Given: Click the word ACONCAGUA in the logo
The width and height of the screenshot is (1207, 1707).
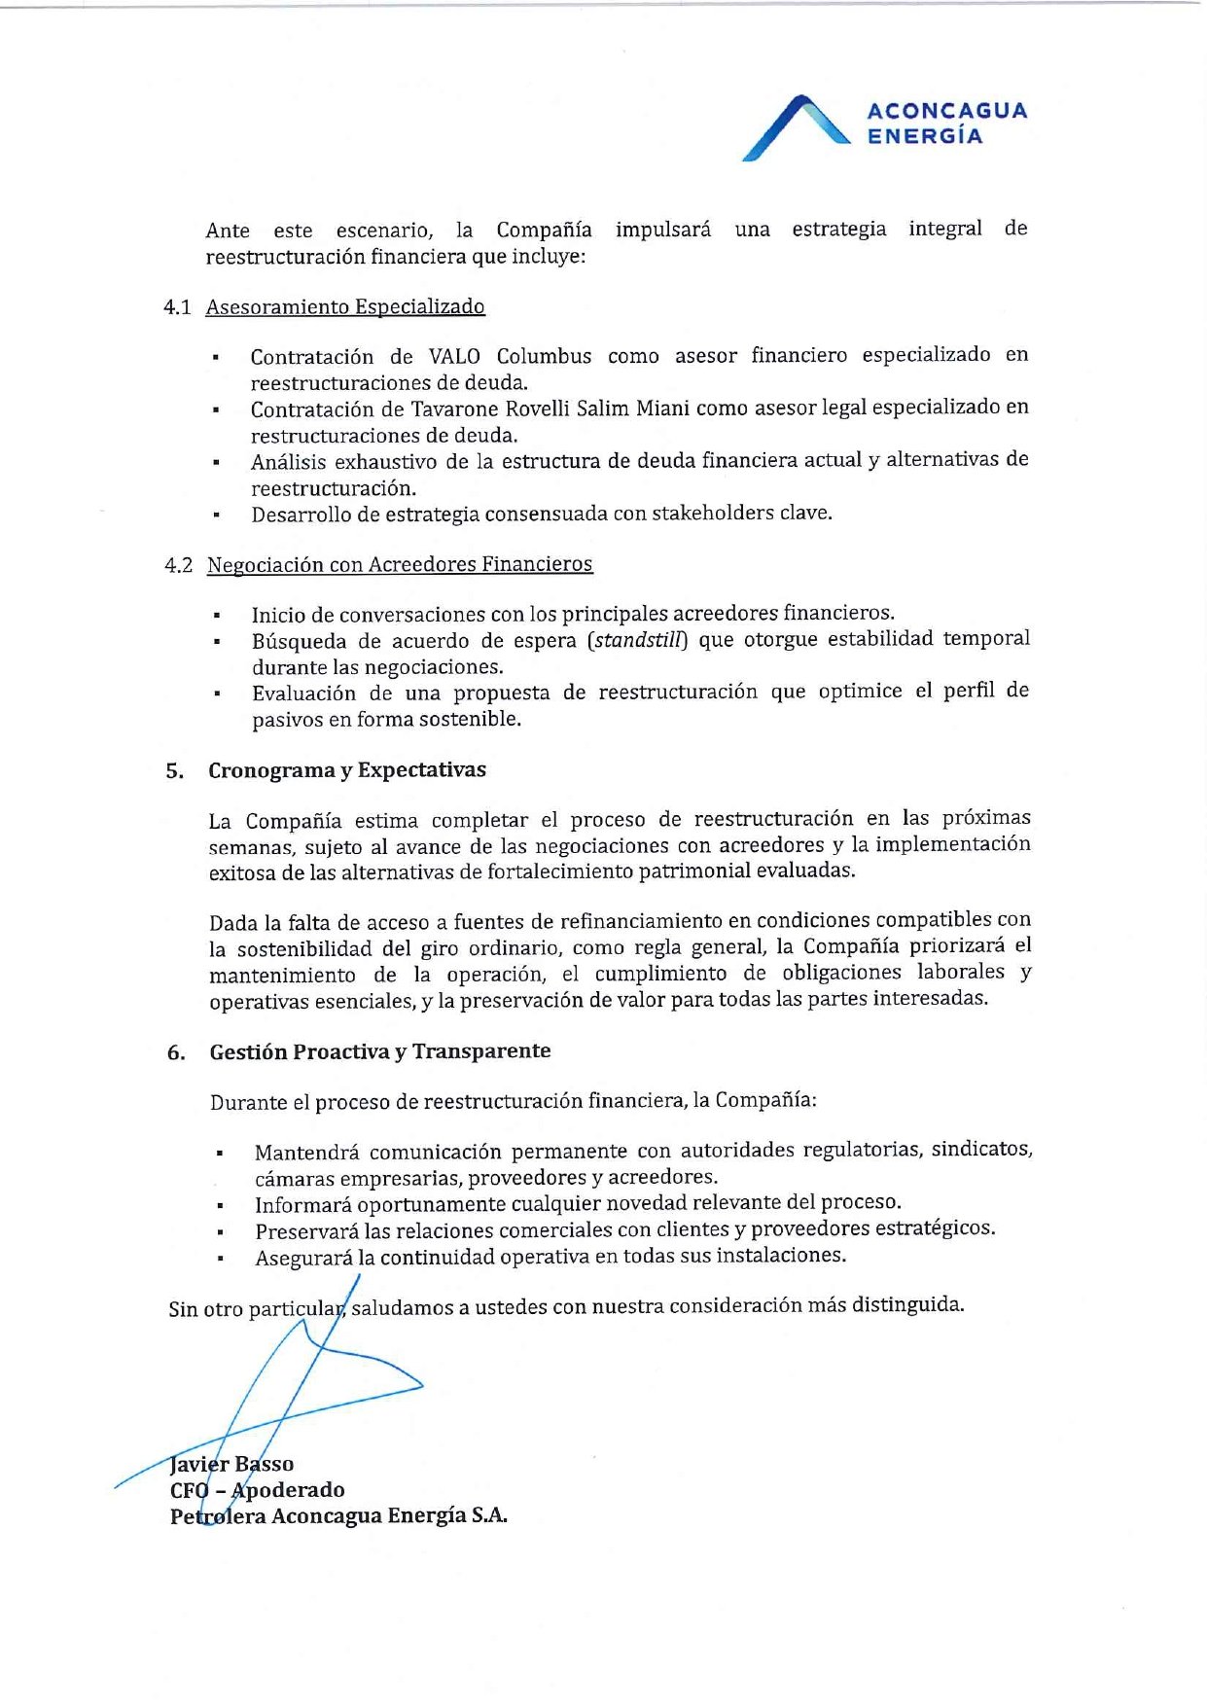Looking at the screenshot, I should (x=946, y=111).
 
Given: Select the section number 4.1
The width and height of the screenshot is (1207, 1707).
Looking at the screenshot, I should (x=177, y=307).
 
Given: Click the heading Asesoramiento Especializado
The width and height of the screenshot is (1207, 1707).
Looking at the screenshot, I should (x=345, y=307).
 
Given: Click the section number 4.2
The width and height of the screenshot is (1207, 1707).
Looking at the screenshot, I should (x=178, y=565).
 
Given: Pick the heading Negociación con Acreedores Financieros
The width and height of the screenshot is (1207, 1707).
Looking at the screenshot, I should (x=400, y=564).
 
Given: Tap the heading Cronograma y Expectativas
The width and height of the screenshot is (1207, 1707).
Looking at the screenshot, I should (x=347, y=770).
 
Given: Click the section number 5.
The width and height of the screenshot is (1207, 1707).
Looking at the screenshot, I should (x=174, y=771).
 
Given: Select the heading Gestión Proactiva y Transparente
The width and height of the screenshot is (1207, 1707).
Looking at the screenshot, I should (x=380, y=1051).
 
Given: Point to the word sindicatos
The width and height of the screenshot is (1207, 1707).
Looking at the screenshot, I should (x=981, y=1150).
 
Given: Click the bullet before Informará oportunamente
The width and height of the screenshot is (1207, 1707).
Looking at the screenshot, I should (x=222, y=1206).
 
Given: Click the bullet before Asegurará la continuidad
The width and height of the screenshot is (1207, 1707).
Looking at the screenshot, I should (x=222, y=1259).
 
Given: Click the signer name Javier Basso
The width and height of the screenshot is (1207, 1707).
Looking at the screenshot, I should (x=231, y=1464).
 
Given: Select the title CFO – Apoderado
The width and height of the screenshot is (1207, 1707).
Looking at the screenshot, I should (x=258, y=1490).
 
